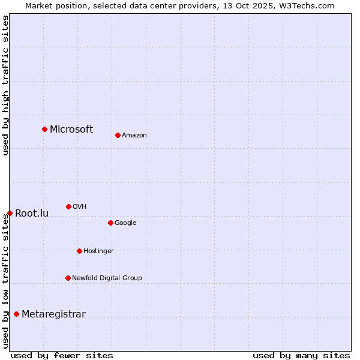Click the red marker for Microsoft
pos(44,129)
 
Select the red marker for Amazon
pos(118,135)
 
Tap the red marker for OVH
pos(68,206)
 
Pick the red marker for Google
pos(110,223)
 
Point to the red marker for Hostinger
pos(79,251)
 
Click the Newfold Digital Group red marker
pos(68,278)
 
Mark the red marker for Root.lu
pos(10,213)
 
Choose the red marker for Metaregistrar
pos(16,314)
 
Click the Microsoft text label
pos(71,129)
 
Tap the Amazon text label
pos(134,135)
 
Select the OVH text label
pos(80,206)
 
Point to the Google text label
pos(125,223)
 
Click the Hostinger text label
pos(98,251)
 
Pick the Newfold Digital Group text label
pos(107,278)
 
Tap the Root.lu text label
pos(32,213)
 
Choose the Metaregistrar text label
pos(53,314)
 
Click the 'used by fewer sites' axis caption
pos(62,355)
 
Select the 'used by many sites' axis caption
pos(301,355)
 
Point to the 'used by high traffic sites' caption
pos(5,85)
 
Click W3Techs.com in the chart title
pos(305,5)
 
